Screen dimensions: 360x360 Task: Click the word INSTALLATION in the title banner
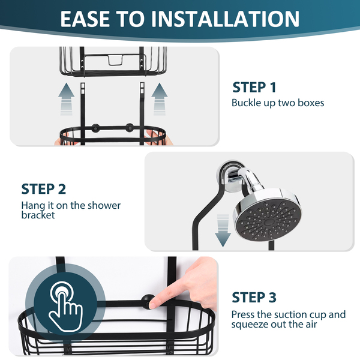(225, 19)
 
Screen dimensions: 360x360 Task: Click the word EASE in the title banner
(85, 19)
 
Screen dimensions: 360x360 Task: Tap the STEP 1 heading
(254, 87)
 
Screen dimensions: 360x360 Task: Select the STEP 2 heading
(44, 189)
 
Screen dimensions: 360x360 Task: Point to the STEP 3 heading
(254, 298)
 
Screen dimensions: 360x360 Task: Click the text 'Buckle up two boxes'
(278, 103)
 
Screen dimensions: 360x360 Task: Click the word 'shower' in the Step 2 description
(104, 205)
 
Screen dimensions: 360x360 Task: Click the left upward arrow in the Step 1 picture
(67, 99)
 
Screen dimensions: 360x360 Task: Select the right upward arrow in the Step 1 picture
(160, 99)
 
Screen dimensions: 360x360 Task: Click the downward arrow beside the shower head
(223, 230)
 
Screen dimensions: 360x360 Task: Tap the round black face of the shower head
(268, 222)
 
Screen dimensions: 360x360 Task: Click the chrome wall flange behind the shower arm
(232, 176)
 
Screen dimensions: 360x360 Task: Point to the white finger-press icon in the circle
(65, 307)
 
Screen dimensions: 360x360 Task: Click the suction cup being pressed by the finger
(148, 301)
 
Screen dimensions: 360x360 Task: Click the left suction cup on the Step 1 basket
(95, 128)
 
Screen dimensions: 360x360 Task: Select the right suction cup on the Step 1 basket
(130, 128)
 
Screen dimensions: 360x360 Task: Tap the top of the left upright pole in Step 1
(83, 84)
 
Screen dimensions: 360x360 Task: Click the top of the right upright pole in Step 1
(142, 83)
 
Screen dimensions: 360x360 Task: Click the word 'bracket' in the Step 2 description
(38, 215)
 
